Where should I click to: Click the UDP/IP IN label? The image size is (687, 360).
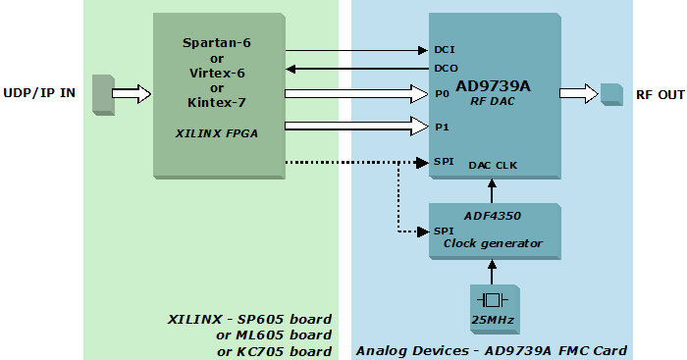(40, 93)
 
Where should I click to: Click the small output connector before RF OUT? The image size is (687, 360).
(611, 93)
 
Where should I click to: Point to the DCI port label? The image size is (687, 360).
(444, 49)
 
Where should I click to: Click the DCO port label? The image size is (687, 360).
(445, 69)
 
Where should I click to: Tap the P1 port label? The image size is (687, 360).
(441, 127)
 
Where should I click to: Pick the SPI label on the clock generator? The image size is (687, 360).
(443, 231)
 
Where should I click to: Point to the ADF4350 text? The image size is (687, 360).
(493, 216)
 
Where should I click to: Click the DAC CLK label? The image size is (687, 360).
(493, 165)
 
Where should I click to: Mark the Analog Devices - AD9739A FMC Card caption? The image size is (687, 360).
(491, 350)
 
